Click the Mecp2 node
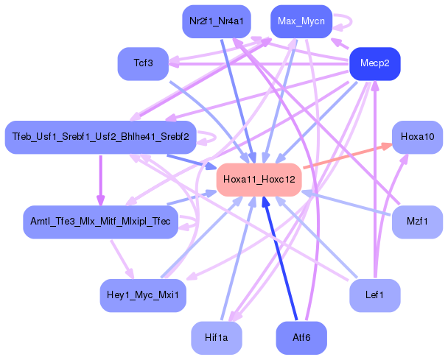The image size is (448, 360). [374, 64]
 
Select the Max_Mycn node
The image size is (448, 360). [302, 21]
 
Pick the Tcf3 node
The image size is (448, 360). [143, 63]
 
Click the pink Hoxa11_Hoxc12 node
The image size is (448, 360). [259, 180]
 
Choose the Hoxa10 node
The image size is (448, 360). [417, 137]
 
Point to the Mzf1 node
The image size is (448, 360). [417, 222]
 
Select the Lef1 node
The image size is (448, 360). [374, 294]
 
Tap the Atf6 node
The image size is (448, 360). [301, 338]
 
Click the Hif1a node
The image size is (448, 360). [217, 338]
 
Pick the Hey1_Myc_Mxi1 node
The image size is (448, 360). [143, 294]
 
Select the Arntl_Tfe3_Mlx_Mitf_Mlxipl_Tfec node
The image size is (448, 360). [100, 222]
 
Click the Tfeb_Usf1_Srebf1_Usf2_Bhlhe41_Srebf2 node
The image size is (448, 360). [100, 137]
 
